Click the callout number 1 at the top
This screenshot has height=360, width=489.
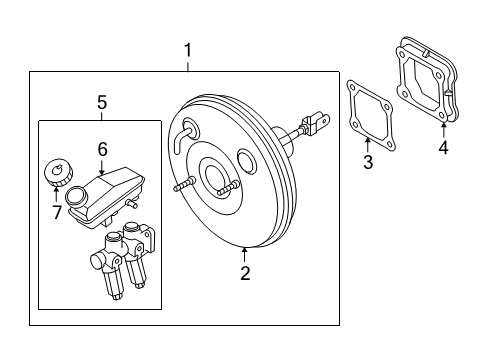187,48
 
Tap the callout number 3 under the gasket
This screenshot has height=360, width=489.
368,162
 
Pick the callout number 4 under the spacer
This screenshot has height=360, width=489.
443,151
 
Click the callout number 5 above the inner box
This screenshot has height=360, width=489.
101,102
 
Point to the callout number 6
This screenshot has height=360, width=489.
101,148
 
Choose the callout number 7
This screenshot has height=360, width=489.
57,211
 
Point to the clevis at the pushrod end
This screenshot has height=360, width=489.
318,125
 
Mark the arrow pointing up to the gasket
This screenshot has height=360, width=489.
368,142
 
